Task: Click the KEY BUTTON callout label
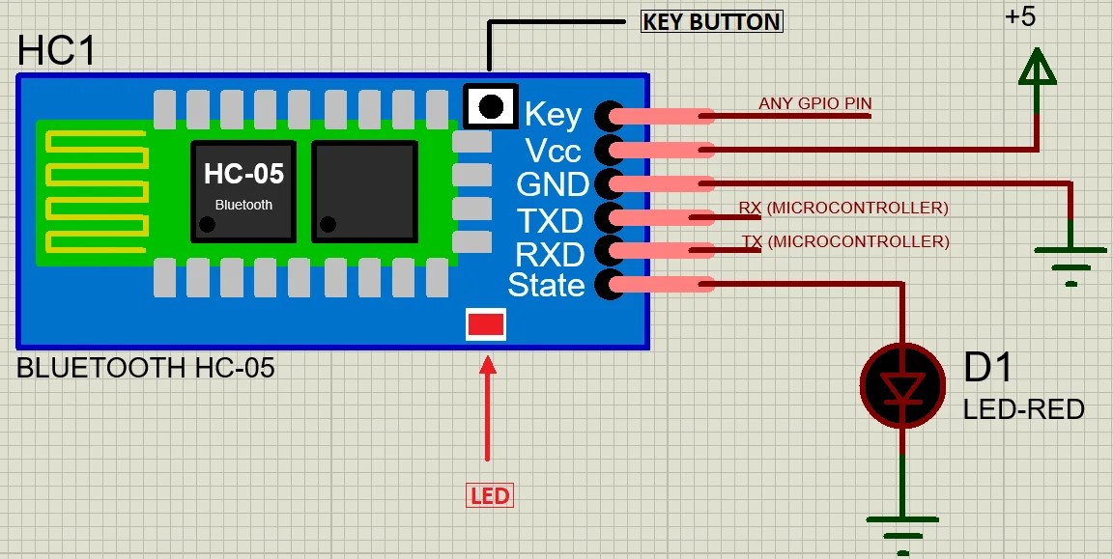pos(712,21)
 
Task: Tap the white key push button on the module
pos(492,105)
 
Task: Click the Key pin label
pos(553,115)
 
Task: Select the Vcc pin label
pos(553,150)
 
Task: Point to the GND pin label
pos(553,183)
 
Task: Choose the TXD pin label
pos(550,220)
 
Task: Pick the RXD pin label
pos(550,254)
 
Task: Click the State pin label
pos(546,285)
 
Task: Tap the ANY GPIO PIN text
pos(808,103)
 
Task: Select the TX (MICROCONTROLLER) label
pos(845,241)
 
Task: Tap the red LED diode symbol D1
pos(901,386)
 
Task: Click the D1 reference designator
pos(988,368)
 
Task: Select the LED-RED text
pos(1023,409)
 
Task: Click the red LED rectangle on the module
pos(485,324)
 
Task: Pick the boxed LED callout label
pos(490,496)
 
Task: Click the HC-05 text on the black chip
pos(243,174)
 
